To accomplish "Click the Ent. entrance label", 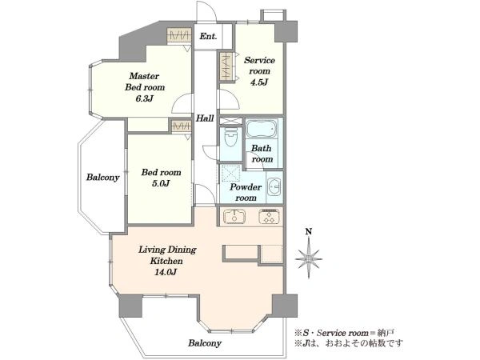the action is pyautogui.click(x=208, y=37).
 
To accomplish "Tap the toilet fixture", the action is pyautogui.click(x=231, y=138).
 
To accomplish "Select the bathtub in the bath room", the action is pyautogui.click(x=262, y=129).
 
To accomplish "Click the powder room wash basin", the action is pyautogui.click(x=274, y=186).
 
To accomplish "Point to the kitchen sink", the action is pyautogui.click(x=234, y=217).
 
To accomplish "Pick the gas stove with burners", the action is pyautogui.click(x=270, y=217).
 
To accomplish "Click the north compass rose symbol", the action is pyautogui.click(x=309, y=258).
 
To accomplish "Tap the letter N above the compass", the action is pyautogui.click(x=309, y=232).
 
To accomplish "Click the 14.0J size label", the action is pyautogui.click(x=166, y=272).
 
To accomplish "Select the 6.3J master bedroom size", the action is pyautogui.click(x=145, y=98).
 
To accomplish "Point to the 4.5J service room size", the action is pyautogui.click(x=259, y=82).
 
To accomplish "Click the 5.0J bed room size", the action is pyautogui.click(x=161, y=183).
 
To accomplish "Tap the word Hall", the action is pyautogui.click(x=205, y=118).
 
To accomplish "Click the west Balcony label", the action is pyautogui.click(x=103, y=177).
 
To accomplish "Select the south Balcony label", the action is pyautogui.click(x=205, y=343).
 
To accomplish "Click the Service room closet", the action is pyautogui.click(x=226, y=66).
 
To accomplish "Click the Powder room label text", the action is pyautogui.click(x=246, y=192).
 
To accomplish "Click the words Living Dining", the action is pyautogui.click(x=167, y=250).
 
